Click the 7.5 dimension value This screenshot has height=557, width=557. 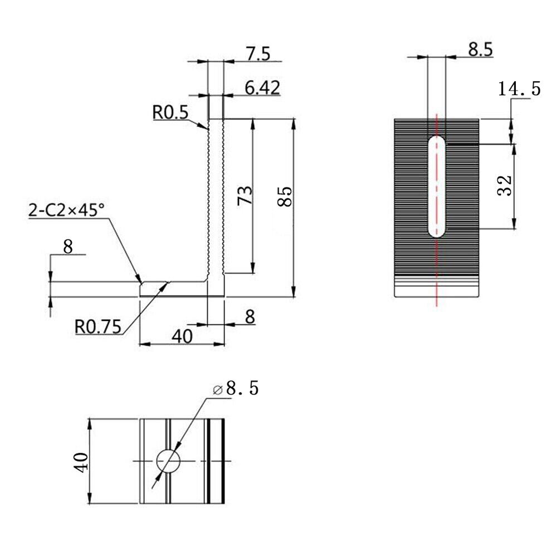258,54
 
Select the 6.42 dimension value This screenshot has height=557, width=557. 262,88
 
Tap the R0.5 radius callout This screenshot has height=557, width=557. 170,113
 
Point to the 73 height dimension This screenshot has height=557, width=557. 245,196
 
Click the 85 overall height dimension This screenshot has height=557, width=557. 285,197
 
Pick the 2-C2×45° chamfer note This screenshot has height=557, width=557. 66,211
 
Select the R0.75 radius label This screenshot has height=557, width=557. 97,327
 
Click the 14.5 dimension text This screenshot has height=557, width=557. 519,89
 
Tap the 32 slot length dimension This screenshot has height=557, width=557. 505,186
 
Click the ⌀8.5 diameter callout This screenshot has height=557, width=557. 236,388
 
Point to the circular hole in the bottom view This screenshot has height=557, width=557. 168,461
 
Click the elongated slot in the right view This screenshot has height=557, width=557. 437,187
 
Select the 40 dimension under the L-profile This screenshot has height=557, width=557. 182,336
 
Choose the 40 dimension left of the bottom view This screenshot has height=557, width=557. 81,462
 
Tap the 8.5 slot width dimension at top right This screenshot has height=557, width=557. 480,50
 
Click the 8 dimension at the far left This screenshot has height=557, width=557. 68,247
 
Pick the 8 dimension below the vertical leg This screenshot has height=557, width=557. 250,316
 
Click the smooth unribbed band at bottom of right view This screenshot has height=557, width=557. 437,286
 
